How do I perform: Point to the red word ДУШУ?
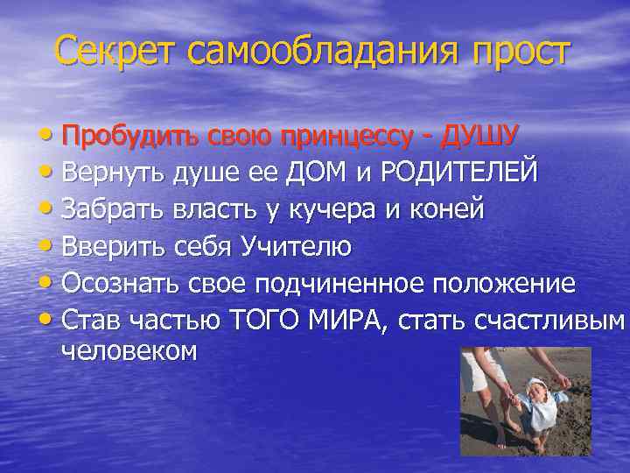[x=480, y=135]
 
